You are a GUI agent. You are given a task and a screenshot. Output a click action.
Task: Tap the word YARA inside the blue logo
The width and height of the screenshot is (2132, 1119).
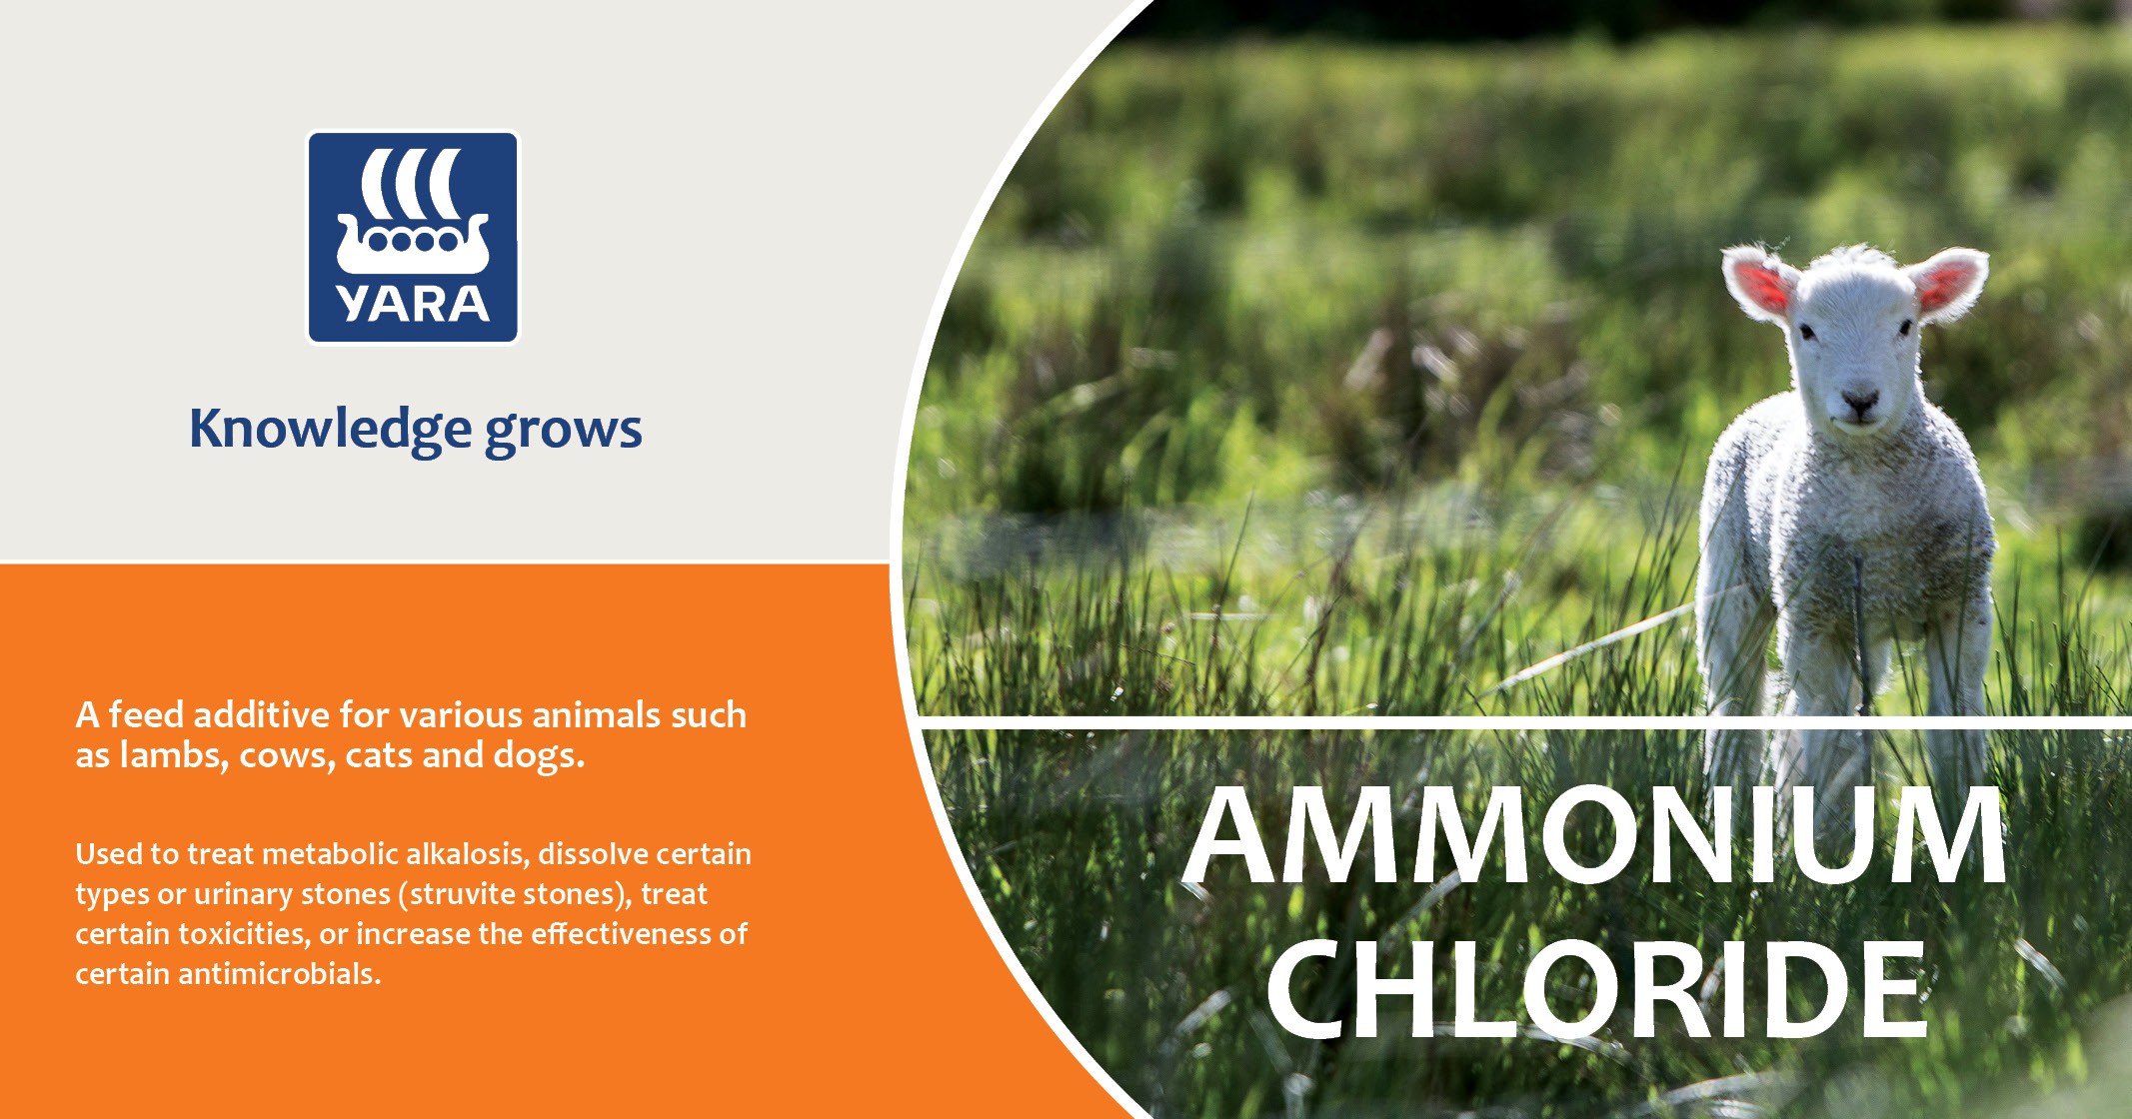(x=412, y=305)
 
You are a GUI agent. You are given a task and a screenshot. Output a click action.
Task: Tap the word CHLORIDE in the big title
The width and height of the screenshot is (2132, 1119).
(x=1595, y=989)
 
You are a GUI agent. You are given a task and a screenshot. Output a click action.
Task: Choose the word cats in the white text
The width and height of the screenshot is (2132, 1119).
(x=379, y=756)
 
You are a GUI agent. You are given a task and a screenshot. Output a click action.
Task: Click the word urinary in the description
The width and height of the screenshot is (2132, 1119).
(x=241, y=894)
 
